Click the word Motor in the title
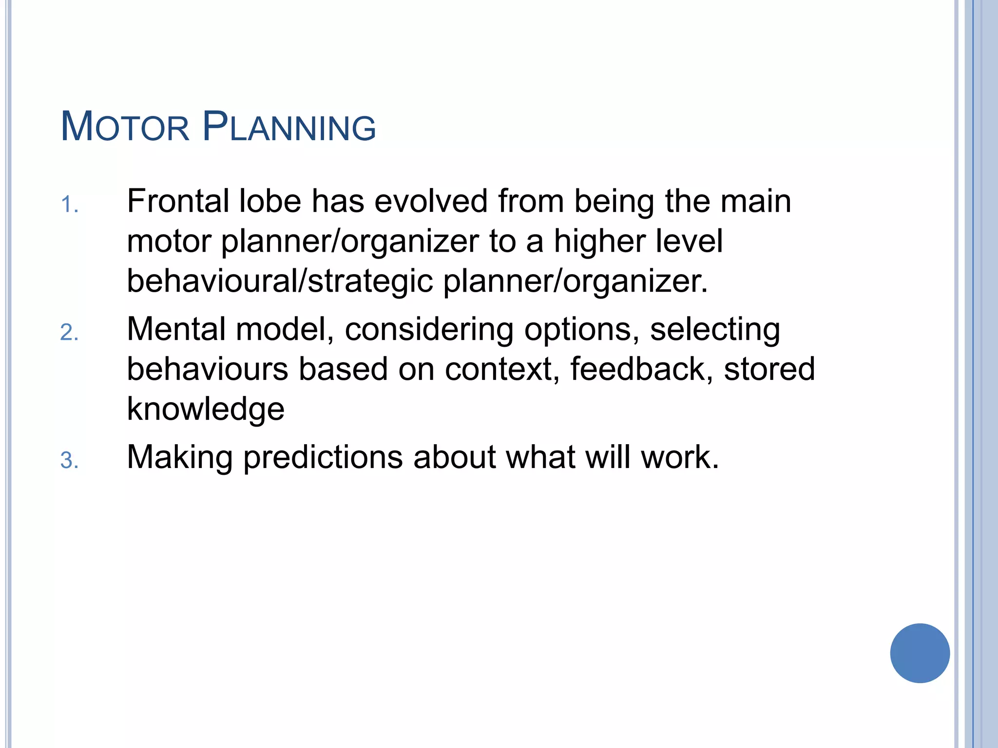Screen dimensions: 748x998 tap(125, 127)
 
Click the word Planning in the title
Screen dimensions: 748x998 tap(289, 127)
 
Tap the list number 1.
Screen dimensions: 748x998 tap(69, 205)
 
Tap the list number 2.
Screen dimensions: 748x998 tap(69, 333)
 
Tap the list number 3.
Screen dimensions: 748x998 tap(69, 461)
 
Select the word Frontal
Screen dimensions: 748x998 tap(178, 201)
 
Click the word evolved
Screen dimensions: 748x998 tap(431, 201)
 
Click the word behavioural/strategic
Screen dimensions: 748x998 tap(280, 281)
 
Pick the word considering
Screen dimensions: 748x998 tap(429, 329)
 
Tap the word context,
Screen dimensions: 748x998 tap(502, 369)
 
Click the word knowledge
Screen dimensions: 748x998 tap(206, 409)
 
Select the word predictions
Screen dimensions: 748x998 tap(323, 458)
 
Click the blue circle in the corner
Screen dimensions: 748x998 tap(920, 653)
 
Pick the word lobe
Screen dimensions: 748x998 tap(270, 201)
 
